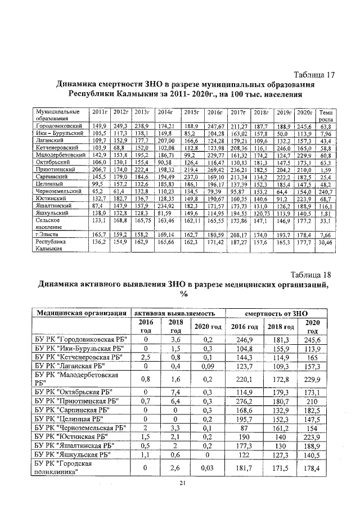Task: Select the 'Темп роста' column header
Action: (x=325, y=115)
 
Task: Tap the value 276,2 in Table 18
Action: (x=245, y=403)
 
